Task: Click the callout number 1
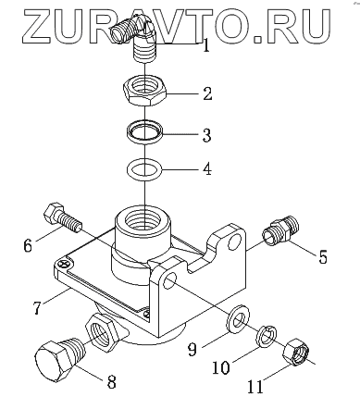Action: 206,44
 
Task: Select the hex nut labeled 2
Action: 145,91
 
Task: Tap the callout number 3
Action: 206,134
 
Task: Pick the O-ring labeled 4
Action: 144,169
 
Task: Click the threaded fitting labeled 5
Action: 281,231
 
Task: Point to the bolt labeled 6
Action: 63,217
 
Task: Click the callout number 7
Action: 37,307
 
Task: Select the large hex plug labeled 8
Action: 58,358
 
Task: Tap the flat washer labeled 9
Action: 238,319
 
